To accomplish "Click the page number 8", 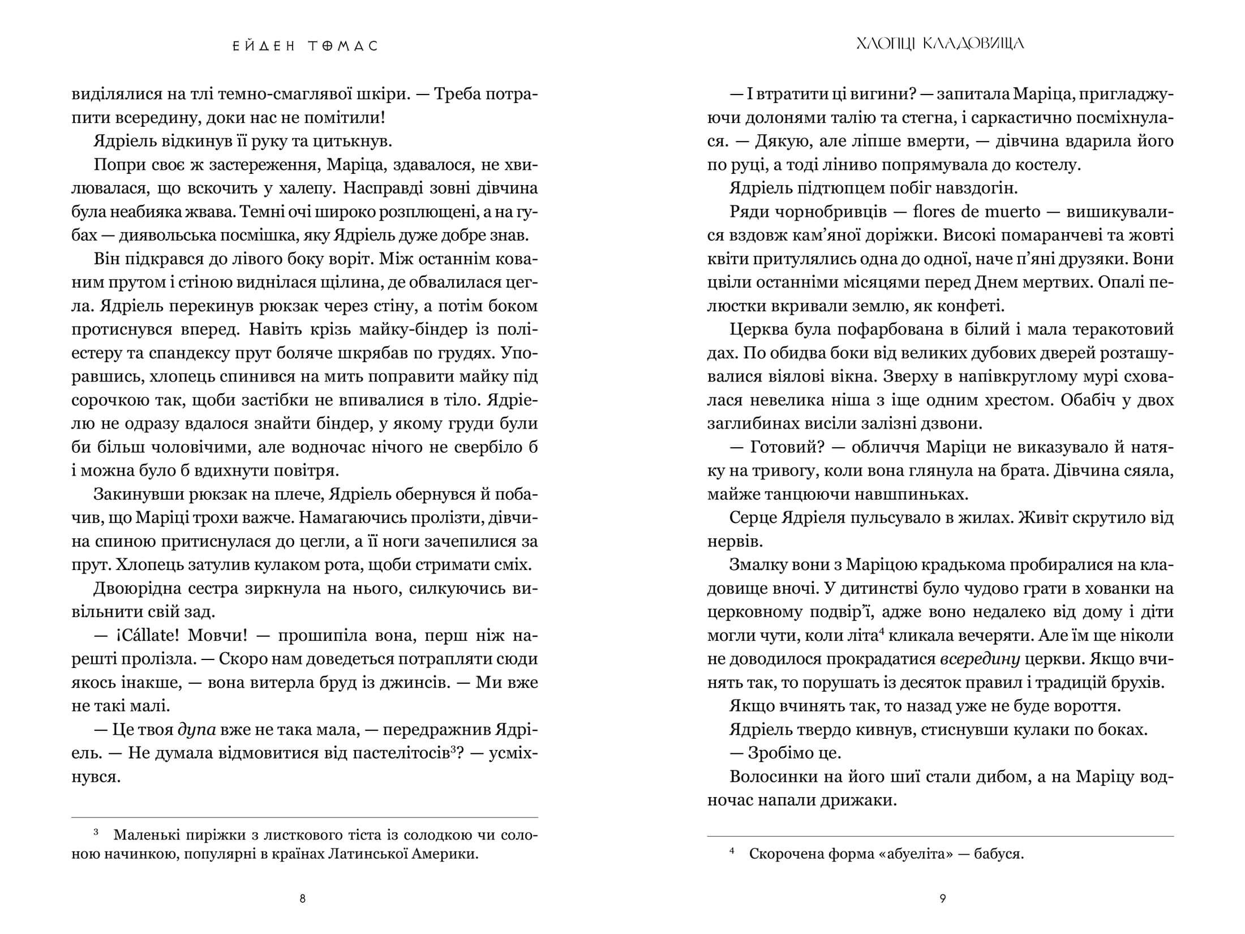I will coord(302,898).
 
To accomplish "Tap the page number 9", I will coord(942,898).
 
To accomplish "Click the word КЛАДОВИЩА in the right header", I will coord(974,44).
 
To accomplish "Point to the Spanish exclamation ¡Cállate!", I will coord(142,636).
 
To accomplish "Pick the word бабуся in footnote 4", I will coord(999,854).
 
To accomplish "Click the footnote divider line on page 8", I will coord(304,817).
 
